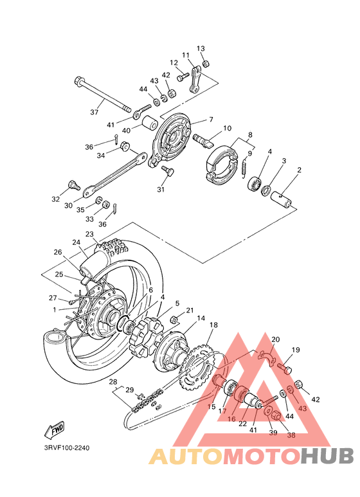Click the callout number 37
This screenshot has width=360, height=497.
tap(94, 112)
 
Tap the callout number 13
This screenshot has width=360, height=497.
tap(201, 48)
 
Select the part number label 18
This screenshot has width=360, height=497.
tap(213, 325)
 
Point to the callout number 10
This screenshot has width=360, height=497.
tap(227, 129)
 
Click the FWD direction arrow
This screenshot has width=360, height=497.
tap(55, 429)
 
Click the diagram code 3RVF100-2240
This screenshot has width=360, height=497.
tap(67, 448)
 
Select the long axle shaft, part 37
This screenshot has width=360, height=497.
tap(103, 95)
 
